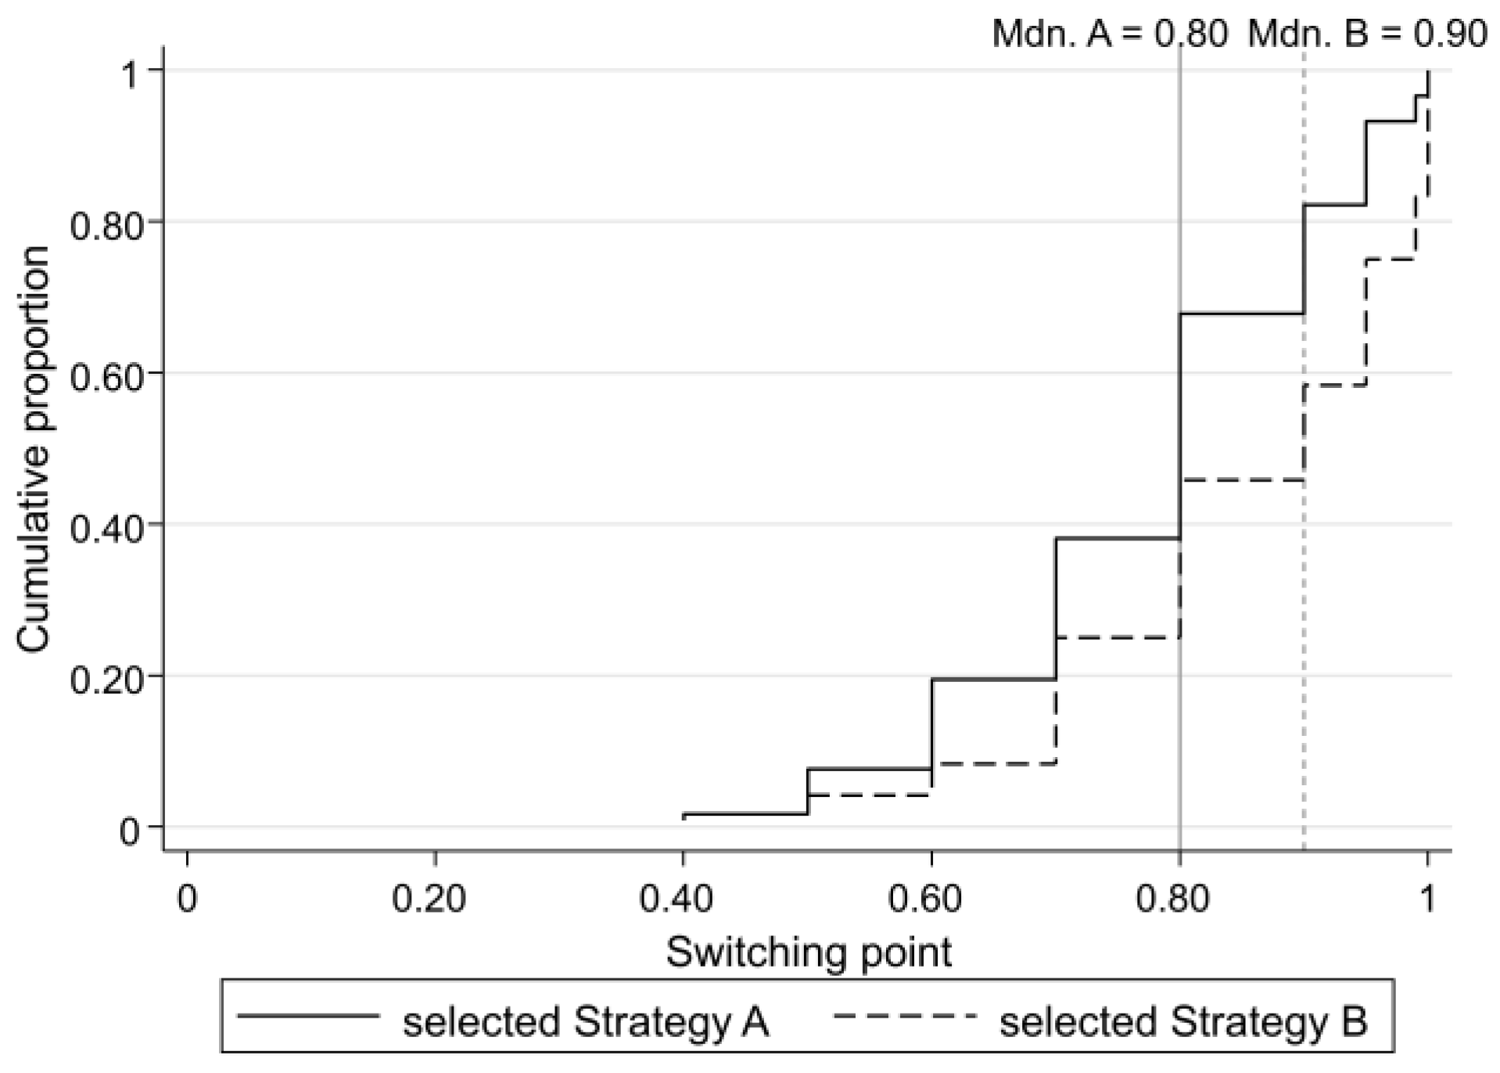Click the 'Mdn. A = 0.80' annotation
[1110, 34]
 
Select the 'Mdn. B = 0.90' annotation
[1367, 34]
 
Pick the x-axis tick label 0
[187, 899]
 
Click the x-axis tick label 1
[1427, 899]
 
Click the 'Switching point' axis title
[809, 953]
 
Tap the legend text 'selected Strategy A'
[586, 1022]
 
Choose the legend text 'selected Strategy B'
[1183, 1022]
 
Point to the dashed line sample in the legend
[905, 1016]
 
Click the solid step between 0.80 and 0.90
[1242, 314]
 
